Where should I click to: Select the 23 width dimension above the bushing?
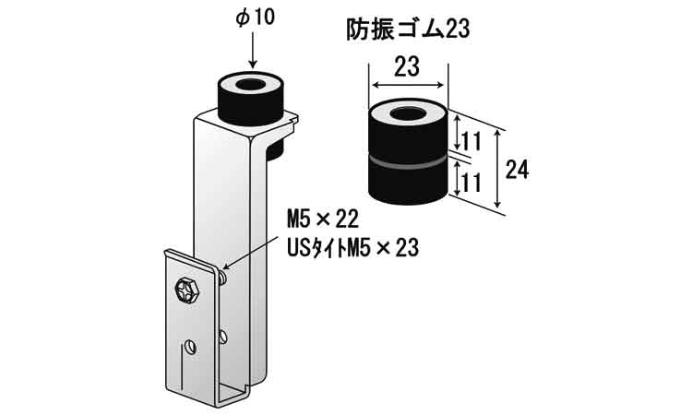click(x=407, y=65)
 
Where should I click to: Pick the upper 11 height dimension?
click(x=472, y=141)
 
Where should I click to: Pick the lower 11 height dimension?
click(x=472, y=182)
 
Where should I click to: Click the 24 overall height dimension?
click(x=517, y=169)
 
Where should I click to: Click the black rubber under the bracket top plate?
click(x=275, y=148)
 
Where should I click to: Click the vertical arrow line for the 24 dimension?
click(x=498, y=169)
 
